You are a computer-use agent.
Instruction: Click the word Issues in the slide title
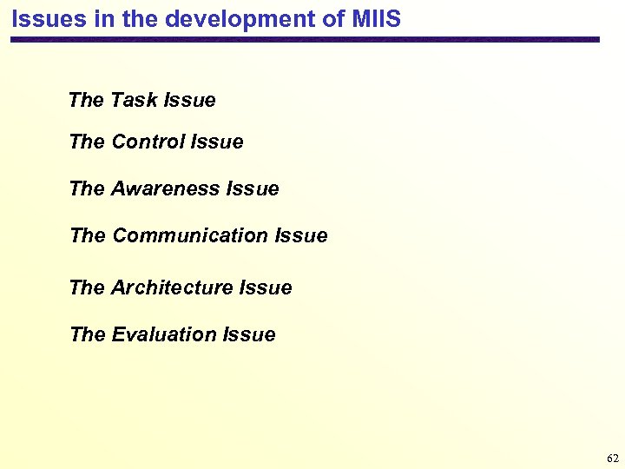[x=47, y=18]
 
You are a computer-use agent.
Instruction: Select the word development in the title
[x=223, y=18]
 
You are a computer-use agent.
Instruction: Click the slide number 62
[x=613, y=458]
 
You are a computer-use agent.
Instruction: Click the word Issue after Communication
[x=301, y=235]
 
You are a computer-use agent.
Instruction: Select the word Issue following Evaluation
[x=249, y=334]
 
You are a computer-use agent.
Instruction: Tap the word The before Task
[x=86, y=101]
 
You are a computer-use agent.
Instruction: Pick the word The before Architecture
[x=87, y=287]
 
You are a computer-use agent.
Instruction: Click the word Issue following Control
[x=217, y=142]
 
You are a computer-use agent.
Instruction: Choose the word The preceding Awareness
[x=87, y=188]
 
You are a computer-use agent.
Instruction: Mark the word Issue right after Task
[x=189, y=101]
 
